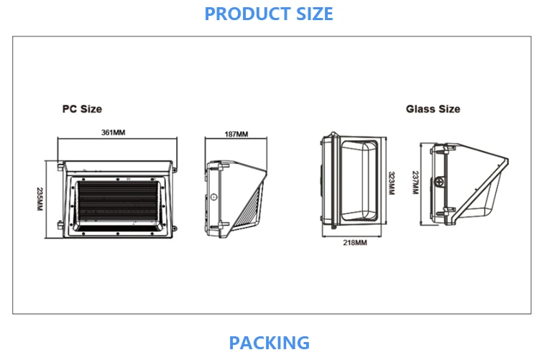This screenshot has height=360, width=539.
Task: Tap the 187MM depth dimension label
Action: (x=236, y=134)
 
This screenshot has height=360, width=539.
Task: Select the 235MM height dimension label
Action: (x=40, y=198)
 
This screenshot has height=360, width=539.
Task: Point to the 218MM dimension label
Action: (x=355, y=243)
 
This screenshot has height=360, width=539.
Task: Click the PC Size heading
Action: (x=82, y=109)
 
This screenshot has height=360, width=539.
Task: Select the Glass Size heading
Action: (x=433, y=109)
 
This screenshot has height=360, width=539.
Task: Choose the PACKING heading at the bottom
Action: (x=269, y=343)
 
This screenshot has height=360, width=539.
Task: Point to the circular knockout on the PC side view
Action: (x=213, y=196)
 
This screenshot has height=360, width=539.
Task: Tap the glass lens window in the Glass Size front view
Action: (x=357, y=180)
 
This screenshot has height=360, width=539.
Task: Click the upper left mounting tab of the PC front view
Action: (x=59, y=166)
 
